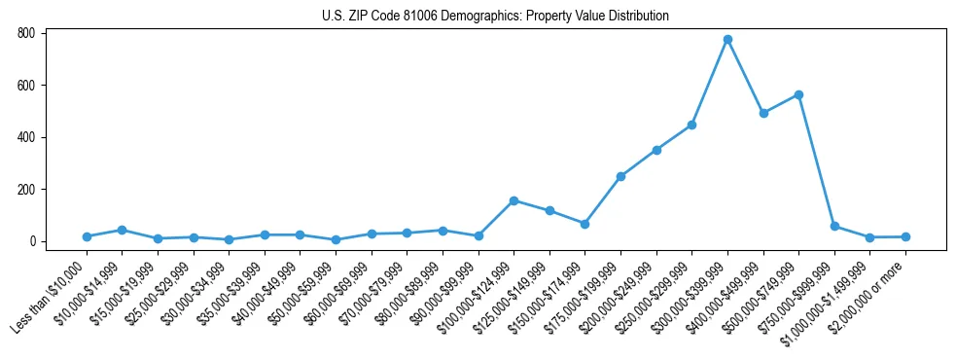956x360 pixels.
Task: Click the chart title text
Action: click(x=495, y=17)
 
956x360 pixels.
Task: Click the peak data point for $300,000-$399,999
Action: click(x=727, y=39)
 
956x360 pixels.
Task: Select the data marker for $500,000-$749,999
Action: click(x=798, y=94)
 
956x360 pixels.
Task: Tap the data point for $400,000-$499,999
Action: click(x=763, y=113)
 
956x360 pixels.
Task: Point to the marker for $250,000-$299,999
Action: click(x=691, y=125)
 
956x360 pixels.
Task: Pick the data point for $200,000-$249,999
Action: click(x=656, y=150)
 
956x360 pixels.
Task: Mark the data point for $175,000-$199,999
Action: click(x=620, y=176)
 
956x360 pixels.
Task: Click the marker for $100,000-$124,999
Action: click(x=513, y=200)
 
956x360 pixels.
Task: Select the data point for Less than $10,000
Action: click(x=87, y=236)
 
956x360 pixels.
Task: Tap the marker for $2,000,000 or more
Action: click(x=905, y=236)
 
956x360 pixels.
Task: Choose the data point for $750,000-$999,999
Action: click(x=834, y=226)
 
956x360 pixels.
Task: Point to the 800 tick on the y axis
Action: click(x=26, y=33)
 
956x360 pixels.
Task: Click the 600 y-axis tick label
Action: click(x=26, y=86)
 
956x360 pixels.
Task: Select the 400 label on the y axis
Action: click(x=26, y=137)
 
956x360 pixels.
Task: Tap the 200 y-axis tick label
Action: click(x=26, y=190)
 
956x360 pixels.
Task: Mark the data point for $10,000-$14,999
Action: click(x=122, y=230)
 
